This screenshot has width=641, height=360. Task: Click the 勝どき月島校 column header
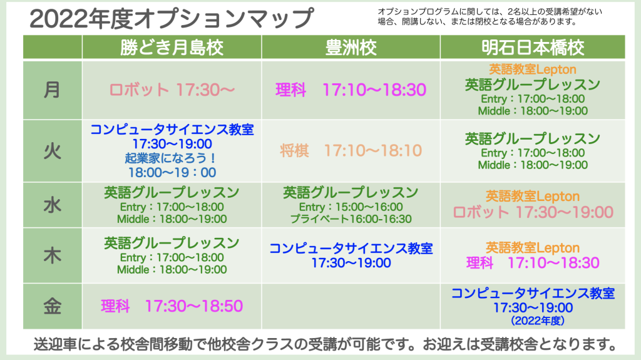(172, 48)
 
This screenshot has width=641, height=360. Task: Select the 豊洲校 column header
(351, 48)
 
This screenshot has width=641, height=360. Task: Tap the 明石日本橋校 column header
(533, 48)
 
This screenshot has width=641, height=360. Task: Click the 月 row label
(53, 90)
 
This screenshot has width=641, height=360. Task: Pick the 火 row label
(53, 152)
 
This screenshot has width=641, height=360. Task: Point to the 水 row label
(53, 205)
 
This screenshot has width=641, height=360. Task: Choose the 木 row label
(53, 255)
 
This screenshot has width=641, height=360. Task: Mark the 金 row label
(53, 306)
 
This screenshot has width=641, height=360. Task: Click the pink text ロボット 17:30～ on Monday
(172, 90)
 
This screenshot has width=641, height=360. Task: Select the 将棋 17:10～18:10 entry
(351, 150)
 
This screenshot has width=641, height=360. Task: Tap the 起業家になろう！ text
(171, 158)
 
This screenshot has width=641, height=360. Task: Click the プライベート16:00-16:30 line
(351, 219)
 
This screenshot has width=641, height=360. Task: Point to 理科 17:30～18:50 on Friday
(172, 306)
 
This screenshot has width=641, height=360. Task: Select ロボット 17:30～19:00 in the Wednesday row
(533, 212)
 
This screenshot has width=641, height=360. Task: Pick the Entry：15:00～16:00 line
(351, 207)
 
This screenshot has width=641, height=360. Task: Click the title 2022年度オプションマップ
(172, 18)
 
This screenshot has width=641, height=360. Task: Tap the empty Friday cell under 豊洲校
(351, 306)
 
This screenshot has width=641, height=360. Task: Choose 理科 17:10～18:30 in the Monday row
(351, 90)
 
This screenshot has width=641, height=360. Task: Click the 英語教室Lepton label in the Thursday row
(533, 247)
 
